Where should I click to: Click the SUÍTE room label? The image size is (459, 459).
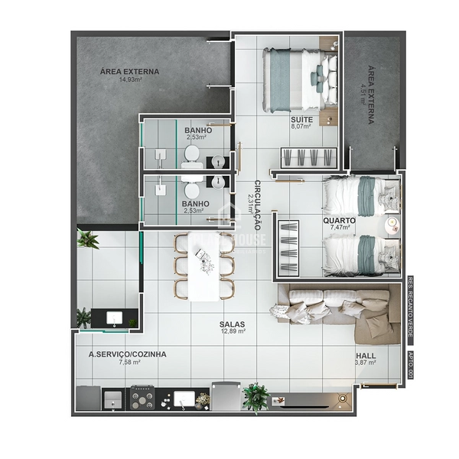click(x=301, y=120)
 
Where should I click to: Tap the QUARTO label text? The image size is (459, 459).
click(x=339, y=219)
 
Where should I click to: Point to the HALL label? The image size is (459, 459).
click(x=366, y=355)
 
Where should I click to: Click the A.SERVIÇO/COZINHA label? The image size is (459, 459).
click(x=128, y=354)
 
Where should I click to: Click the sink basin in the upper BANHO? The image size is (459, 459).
click(x=217, y=161)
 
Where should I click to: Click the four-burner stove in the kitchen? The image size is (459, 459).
click(x=142, y=398)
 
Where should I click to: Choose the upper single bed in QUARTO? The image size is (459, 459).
click(x=360, y=196)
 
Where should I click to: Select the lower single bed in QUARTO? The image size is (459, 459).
click(x=360, y=255)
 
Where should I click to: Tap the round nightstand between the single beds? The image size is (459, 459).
click(x=392, y=223)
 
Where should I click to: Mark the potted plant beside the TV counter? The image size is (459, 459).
click(x=256, y=396)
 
